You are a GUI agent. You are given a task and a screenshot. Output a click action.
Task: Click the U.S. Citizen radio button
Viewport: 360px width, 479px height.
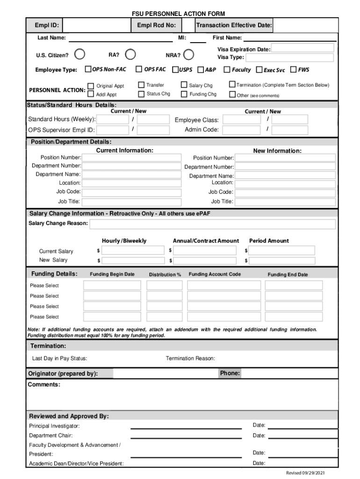(x=80, y=54)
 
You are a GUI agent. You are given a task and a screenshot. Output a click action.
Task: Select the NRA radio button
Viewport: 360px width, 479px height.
(x=188, y=55)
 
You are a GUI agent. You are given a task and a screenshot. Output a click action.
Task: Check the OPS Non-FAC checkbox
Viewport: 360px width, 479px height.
(x=88, y=70)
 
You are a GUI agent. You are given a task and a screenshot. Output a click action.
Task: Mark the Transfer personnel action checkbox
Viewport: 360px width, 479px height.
(x=141, y=85)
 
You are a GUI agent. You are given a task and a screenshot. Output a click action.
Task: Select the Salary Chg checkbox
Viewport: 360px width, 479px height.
(x=184, y=85)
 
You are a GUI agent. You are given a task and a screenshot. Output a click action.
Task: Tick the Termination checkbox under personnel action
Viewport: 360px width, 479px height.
(x=232, y=85)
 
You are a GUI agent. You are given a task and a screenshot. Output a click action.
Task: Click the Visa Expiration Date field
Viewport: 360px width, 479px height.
(x=302, y=49)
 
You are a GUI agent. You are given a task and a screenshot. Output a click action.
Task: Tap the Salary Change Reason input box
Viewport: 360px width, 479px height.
(x=212, y=224)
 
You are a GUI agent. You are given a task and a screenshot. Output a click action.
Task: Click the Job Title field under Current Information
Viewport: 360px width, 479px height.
(x=131, y=202)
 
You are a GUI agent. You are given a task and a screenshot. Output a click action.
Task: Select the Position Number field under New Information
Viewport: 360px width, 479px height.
(x=285, y=158)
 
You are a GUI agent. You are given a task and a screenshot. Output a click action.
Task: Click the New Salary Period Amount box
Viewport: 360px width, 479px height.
(x=282, y=261)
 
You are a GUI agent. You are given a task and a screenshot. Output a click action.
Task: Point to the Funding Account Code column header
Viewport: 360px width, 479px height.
(x=215, y=274)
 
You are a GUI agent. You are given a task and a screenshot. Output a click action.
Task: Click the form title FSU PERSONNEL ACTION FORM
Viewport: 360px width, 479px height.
(x=179, y=14)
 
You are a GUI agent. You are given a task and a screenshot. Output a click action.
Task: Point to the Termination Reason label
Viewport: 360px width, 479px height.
(x=190, y=359)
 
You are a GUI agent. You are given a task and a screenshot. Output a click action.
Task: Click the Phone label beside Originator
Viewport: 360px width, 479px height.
(x=230, y=373)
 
